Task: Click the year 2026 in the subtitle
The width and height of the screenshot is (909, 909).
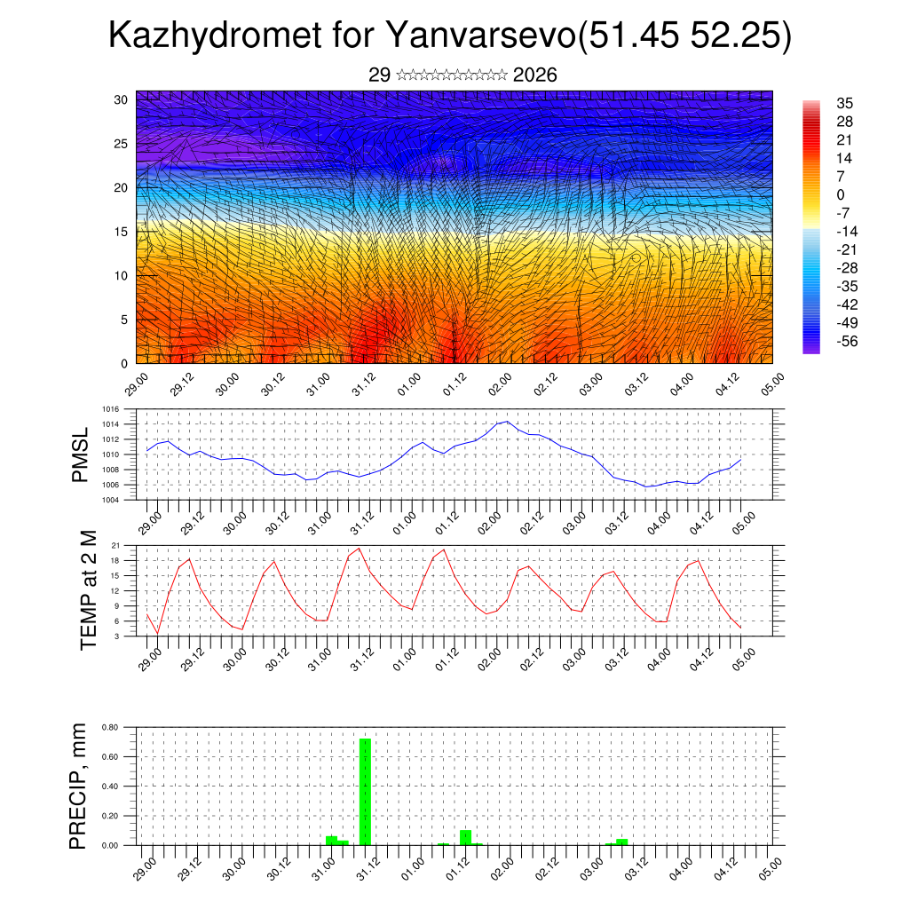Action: point(535,75)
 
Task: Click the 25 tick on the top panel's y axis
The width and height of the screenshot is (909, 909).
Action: point(122,143)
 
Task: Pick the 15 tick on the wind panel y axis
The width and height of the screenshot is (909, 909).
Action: point(122,231)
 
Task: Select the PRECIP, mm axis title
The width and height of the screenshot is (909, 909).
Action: point(81,786)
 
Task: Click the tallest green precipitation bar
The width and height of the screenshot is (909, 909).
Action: point(365,790)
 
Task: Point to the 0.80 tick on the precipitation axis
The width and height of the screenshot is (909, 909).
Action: point(109,727)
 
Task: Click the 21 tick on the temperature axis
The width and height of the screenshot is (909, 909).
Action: point(115,545)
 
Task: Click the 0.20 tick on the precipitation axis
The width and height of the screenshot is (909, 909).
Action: point(109,816)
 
